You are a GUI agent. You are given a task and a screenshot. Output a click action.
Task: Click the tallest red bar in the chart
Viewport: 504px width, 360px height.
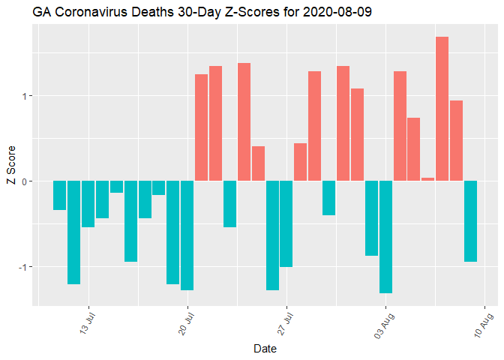(x=442, y=109)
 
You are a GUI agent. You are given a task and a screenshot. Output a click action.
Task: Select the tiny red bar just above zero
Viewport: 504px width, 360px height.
(x=427, y=179)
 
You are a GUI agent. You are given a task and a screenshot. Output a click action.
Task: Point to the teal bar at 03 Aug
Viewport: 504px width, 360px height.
(x=385, y=236)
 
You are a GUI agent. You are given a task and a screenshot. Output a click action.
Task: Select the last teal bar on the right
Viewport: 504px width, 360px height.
(x=470, y=220)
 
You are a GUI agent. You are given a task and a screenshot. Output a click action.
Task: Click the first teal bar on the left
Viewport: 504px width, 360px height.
(x=59, y=195)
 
